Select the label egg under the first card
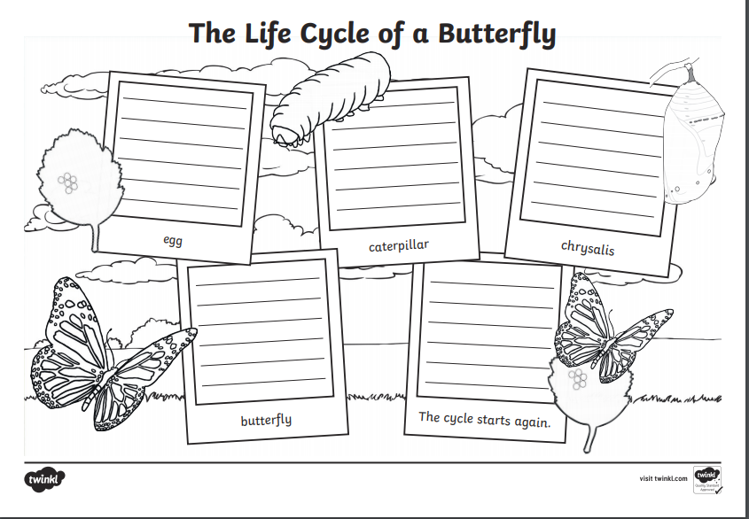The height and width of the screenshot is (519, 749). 173,239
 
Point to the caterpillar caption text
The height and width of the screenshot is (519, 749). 399,245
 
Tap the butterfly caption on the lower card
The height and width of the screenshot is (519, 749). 266,420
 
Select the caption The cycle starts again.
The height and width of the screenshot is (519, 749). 485,418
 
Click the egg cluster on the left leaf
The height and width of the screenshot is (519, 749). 69,183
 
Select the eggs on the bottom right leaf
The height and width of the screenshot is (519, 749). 577,381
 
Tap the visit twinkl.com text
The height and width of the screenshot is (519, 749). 664,478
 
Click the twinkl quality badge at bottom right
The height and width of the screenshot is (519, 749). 707,478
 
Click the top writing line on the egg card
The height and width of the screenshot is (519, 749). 182,89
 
